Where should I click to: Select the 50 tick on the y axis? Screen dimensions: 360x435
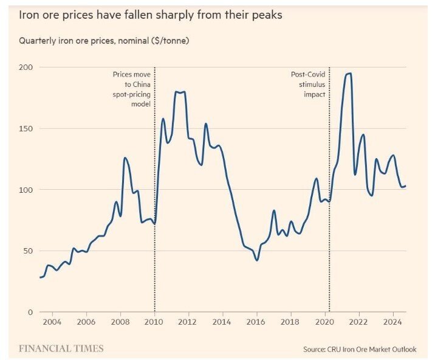[28, 251]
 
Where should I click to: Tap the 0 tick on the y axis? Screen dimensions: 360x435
[30, 312]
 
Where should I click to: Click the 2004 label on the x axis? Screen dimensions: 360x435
[52, 322]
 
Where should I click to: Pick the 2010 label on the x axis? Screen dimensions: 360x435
[154, 322]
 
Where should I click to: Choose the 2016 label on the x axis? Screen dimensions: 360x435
[256, 322]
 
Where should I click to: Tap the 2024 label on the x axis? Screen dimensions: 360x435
[393, 322]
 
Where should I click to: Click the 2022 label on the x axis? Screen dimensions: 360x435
[359, 322]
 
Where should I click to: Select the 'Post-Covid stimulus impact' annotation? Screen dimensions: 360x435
[307, 85]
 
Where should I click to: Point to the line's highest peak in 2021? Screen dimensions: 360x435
[349, 74]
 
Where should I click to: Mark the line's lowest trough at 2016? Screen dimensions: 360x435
[257, 260]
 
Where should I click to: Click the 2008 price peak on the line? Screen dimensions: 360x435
[125, 158]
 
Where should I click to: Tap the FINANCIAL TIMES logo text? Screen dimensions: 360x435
[61, 348]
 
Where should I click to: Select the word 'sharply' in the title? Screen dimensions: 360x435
[185, 15]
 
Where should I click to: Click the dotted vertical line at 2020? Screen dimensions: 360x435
[329, 182]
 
